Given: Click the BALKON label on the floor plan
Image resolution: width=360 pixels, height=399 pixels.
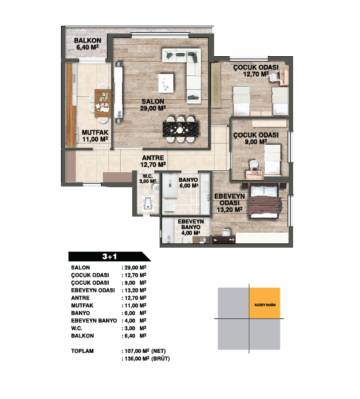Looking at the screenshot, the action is click(87, 41).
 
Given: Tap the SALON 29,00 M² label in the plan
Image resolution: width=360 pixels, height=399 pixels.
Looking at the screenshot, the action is click(153, 105).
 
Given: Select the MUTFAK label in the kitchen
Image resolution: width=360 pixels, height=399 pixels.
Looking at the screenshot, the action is click(95, 133).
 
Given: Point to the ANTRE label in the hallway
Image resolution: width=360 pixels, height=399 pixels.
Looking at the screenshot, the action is click(153, 158).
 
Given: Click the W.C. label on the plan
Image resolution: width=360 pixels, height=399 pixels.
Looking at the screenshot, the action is click(148, 176).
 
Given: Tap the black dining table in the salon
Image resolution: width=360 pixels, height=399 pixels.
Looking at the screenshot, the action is click(181, 130).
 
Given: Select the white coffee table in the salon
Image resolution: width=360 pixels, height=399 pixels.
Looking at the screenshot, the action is click(166, 83).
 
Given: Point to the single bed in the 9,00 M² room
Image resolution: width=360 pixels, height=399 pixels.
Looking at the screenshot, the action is click(273, 160).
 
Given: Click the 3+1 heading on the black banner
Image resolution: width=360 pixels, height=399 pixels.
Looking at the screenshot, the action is click(109, 257).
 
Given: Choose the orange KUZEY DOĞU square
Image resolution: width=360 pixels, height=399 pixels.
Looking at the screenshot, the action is click(264, 303).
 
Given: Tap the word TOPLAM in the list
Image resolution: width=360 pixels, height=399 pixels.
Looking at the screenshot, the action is click(83, 351).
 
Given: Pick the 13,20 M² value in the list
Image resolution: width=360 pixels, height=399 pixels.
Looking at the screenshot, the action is click(135, 290).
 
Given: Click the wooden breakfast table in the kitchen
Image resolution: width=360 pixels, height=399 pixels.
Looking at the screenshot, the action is click(102, 103).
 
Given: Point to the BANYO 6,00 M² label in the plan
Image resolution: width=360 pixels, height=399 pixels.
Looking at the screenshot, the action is click(188, 182).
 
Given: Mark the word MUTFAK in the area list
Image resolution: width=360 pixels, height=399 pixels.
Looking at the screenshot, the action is click(82, 305).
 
